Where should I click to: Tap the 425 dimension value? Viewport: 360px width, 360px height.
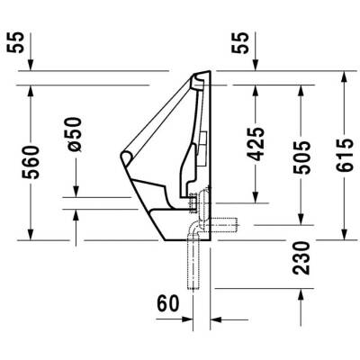256,144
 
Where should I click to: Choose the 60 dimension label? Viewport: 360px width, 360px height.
169,303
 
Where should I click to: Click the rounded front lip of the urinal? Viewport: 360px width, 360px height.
126,161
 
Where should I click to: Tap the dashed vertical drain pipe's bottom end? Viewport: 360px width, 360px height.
192,288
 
